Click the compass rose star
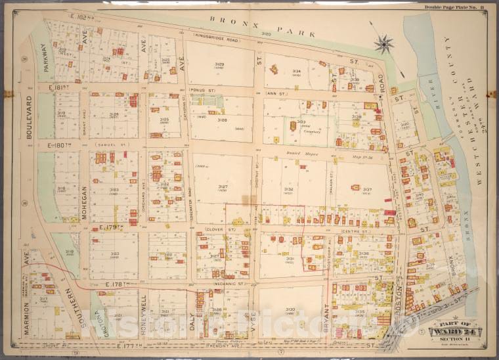383,45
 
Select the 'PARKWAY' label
45,57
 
